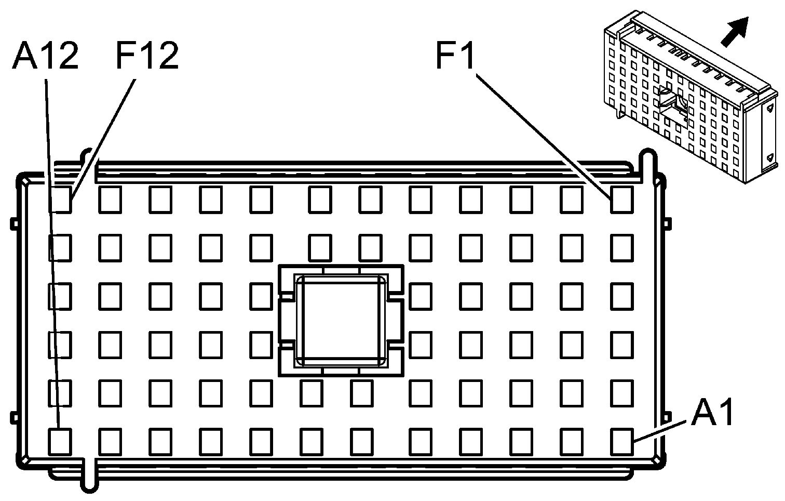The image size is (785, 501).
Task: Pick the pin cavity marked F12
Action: click(60, 200)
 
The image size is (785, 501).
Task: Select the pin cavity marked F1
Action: click(621, 200)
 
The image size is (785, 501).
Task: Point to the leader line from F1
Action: click(543, 136)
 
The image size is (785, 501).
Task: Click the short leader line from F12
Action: click(104, 138)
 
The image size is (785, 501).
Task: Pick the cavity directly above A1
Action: click(621, 392)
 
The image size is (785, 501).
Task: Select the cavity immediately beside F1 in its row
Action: click(571, 200)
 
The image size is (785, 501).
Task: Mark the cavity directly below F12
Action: click(60, 247)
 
